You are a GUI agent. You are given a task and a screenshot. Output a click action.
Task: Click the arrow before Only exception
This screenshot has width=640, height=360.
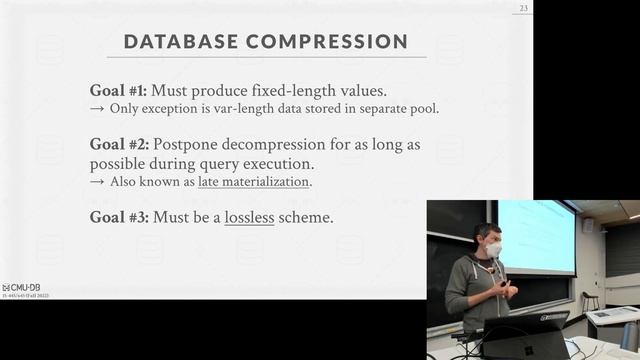pos(98,108)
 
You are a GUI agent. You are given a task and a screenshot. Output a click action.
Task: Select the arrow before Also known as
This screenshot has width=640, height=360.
pos(98,182)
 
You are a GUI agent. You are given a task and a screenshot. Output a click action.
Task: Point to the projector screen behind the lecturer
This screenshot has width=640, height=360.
pos(535,236)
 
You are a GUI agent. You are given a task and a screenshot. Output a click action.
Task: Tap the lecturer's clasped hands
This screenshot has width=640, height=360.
pos(507,291)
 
